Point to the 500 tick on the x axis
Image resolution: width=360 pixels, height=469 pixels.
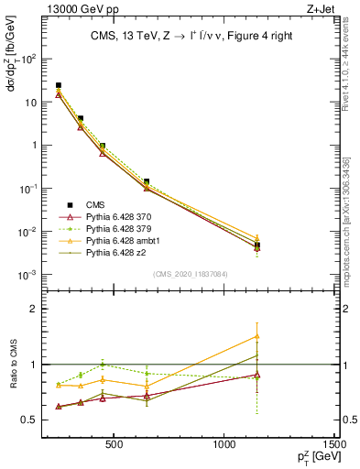point(115,445)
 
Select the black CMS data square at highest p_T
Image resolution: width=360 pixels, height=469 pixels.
point(257,245)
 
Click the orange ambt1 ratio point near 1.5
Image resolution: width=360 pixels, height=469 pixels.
point(257,336)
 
